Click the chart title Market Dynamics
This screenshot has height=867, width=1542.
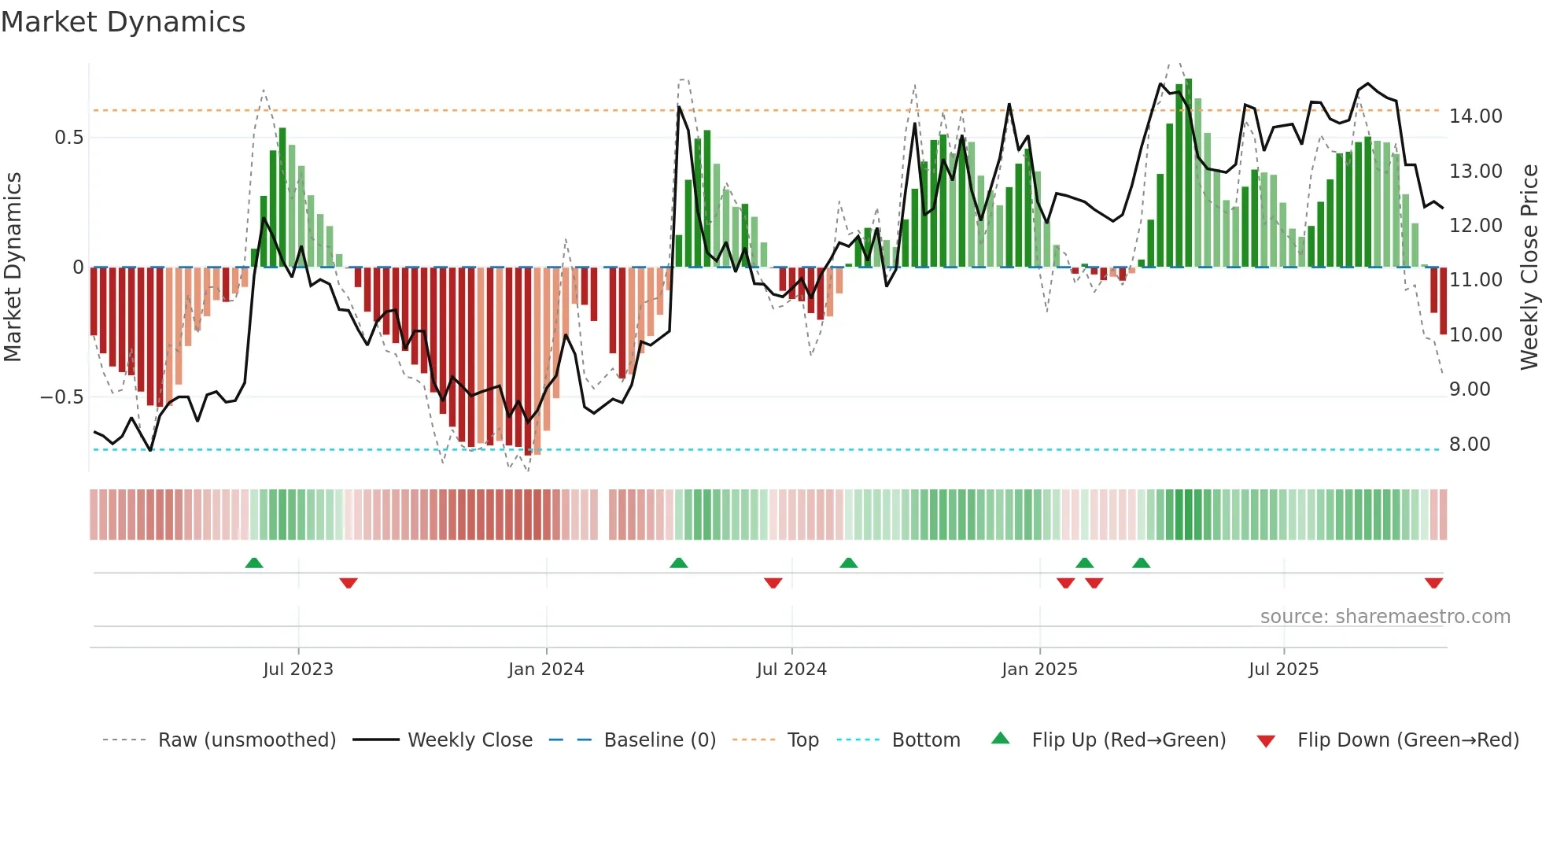point(123,22)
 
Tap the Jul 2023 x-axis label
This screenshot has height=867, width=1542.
point(298,670)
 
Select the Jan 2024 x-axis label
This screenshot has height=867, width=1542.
point(546,670)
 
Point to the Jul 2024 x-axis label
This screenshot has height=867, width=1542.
point(791,670)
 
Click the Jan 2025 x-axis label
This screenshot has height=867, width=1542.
point(1039,670)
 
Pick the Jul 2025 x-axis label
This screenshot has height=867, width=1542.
point(1283,670)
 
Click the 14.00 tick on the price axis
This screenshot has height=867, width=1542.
point(1476,116)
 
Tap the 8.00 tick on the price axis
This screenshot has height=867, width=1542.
point(1470,445)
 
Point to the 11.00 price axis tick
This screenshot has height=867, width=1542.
point(1476,280)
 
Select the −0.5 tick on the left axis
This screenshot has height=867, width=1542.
point(61,397)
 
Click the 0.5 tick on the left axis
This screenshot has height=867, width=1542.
point(68,138)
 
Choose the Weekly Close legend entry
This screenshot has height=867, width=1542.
point(470,740)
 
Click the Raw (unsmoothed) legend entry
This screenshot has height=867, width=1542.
point(246,740)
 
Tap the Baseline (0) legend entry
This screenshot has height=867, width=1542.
point(659,740)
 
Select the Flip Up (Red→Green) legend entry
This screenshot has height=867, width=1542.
point(1128,740)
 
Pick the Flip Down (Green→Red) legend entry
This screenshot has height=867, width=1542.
point(1407,740)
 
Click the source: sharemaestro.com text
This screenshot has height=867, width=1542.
point(1385,617)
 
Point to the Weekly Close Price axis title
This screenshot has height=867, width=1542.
point(1529,267)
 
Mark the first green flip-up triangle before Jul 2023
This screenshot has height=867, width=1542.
point(254,563)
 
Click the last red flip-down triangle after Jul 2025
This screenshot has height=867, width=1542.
point(1433,583)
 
